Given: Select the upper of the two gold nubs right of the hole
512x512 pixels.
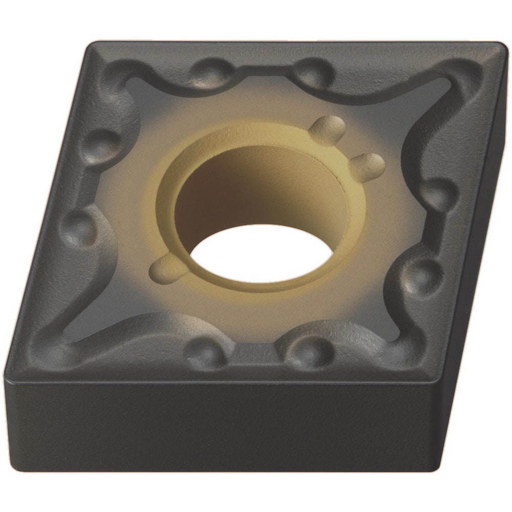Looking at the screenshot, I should click(328, 128).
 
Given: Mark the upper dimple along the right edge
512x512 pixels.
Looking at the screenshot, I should click(439, 192).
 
